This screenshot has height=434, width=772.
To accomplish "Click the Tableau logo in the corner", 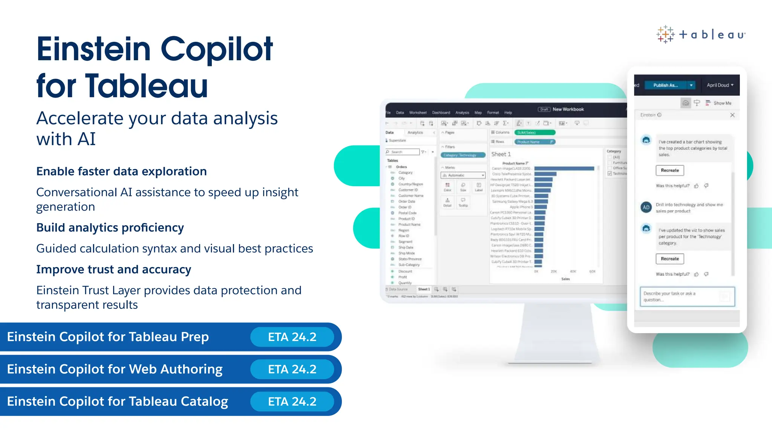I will pos(700,35).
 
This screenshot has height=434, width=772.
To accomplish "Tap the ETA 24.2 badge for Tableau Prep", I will pos(292,337).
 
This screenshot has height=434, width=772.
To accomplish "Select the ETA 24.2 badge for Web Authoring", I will pos(292,369).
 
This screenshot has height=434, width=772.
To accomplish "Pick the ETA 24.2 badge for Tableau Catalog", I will pos(292,402).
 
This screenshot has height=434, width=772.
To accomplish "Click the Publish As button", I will pos(665,85).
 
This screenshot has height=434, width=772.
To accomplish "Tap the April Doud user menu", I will pos(720,85).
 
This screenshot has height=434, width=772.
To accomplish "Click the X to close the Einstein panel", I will pos(732,115).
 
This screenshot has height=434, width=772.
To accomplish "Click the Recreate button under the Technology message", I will pos(669,259).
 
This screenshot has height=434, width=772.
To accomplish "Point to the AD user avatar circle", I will pos(646,207).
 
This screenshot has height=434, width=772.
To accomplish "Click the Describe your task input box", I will pos(687,296).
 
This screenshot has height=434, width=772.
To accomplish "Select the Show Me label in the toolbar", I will pos(722,103).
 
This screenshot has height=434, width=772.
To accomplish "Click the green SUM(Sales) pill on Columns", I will pos(535,132).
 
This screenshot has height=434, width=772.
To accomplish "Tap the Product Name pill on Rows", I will pos(535,142).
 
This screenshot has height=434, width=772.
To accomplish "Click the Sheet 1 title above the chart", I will pos(501,154).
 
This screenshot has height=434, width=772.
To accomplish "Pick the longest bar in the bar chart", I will pos(564,168).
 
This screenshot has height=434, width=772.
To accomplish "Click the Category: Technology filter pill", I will pos(463,155).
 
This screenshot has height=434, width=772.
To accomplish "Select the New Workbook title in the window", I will pos(568,109).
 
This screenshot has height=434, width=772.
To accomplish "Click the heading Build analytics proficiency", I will pos(110,228).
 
